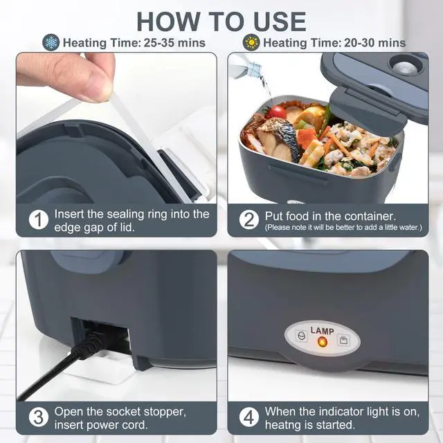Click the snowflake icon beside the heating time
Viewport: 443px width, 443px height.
(x=51, y=42)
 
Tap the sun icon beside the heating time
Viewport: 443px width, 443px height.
(x=251, y=42)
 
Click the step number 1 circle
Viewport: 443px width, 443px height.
(x=39, y=219)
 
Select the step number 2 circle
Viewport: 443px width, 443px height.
(x=249, y=219)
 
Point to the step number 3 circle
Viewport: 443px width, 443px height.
(x=39, y=417)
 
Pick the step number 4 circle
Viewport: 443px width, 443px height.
(x=249, y=417)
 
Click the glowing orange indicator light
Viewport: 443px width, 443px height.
(x=322, y=342)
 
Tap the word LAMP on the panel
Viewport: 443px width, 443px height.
(x=322, y=331)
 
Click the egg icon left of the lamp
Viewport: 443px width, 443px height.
(x=302, y=336)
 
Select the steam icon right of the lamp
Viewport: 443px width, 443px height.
(x=343, y=340)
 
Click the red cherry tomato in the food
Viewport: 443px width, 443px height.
(x=277, y=112)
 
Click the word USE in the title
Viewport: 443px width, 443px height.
(x=280, y=21)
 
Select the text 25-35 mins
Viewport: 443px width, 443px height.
(x=174, y=43)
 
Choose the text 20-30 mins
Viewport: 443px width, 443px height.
(x=374, y=43)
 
